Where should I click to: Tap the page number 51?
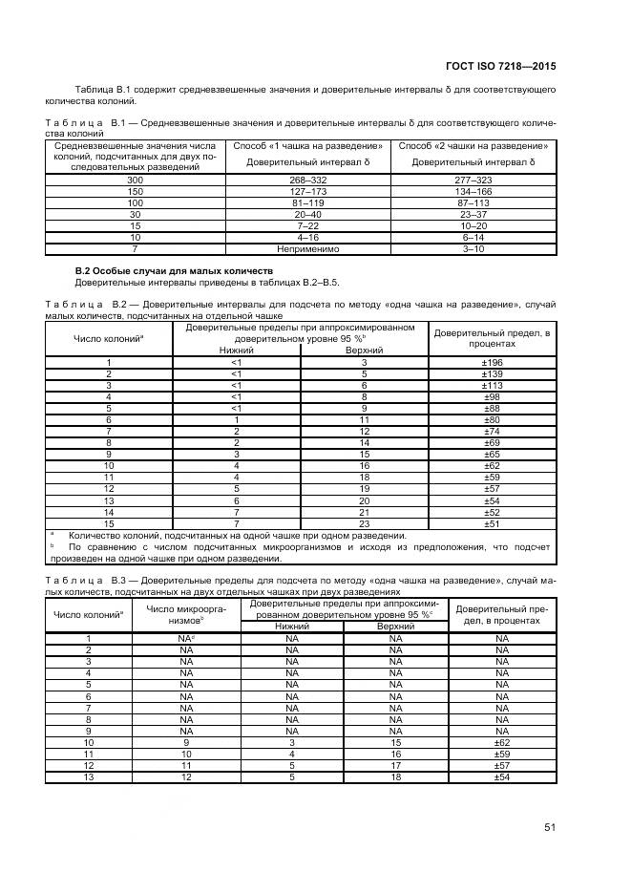[550, 827]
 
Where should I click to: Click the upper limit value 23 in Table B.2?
[364, 522]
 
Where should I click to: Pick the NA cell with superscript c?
[187, 638]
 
